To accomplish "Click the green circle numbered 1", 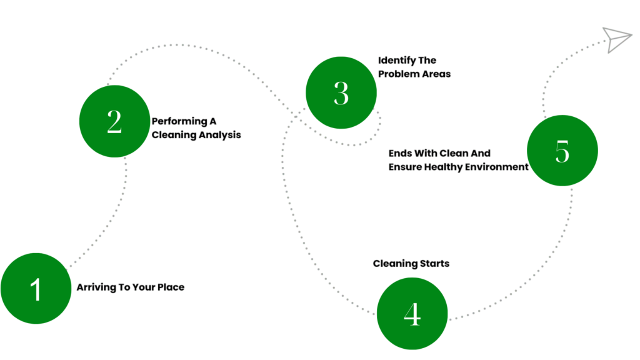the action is [x=36, y=288].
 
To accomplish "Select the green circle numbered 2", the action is [x=115, y=121].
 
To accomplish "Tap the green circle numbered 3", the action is [x=341, y=92].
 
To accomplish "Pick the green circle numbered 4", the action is [x=412, y=314].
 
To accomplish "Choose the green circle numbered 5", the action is [x=562, y=151].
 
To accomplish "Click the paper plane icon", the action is [x=617, y=39].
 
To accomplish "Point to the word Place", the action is [x=171, y=287].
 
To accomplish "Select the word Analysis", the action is [x=223, y=136].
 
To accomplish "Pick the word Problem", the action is [x=396, y=74].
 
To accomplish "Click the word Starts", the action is [x=435, y=264].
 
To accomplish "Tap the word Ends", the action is [x=400, y=154].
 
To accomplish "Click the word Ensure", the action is [x=405, y=167].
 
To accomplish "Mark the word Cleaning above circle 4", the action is [x=395, y=264].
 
